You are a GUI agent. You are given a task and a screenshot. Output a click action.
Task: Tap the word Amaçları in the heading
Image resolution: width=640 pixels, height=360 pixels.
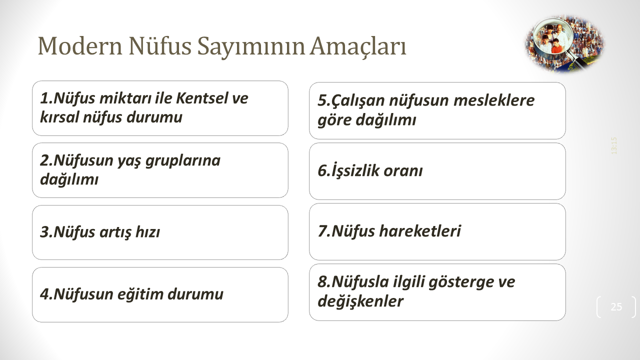(x=358, y=47)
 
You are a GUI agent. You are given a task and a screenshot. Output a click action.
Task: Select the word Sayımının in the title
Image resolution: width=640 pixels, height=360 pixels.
(x=251, y=47)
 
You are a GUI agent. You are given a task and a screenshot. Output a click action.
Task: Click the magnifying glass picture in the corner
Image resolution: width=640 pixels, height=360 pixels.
(x=564, y=43)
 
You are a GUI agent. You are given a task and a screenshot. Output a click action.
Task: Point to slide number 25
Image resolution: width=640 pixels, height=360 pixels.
(x=616, y=307)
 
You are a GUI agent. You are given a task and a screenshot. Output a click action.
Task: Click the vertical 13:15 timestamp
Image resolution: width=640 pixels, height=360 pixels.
(x=614, y=145)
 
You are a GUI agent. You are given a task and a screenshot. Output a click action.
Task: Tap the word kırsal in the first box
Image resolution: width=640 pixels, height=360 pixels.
(x=59, y=117)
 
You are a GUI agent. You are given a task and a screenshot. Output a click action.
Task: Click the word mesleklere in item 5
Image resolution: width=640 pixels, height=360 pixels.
(x=494, y=100)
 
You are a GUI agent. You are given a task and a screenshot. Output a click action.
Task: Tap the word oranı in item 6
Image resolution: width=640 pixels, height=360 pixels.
(x=403, y=171)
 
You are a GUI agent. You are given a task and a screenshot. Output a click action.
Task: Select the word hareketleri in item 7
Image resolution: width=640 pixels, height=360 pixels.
(x=420, y=231)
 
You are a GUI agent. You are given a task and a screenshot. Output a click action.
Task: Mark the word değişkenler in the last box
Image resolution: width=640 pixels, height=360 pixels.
(x=360, y=301)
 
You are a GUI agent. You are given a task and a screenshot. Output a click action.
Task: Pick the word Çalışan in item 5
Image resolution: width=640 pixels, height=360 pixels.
(x=358, y=101)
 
